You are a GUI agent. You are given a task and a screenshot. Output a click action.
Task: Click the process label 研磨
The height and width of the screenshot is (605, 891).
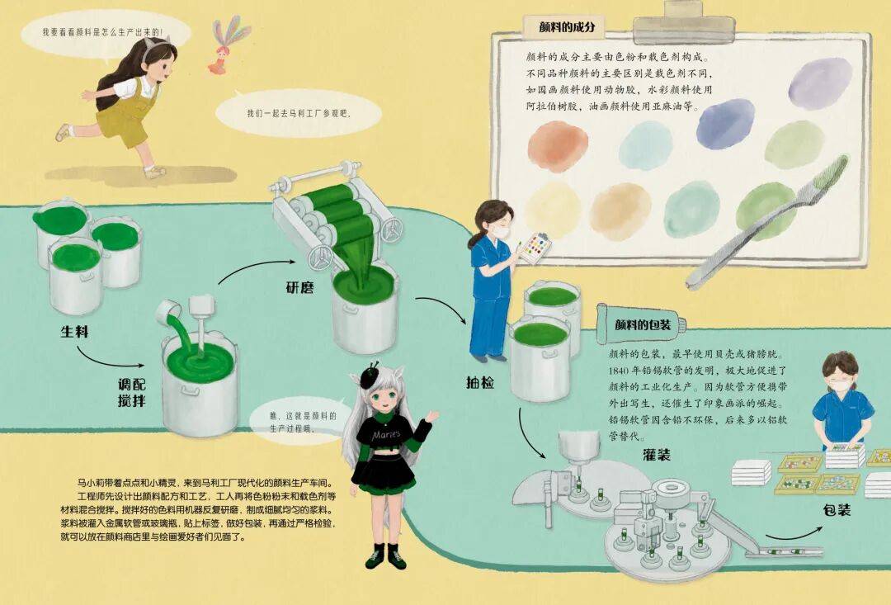299,287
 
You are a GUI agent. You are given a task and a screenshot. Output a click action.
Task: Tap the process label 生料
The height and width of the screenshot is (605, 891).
75,331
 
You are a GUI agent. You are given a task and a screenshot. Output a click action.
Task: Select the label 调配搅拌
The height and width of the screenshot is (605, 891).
132,392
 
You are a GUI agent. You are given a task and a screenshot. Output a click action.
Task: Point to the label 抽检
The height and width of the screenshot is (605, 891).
480,383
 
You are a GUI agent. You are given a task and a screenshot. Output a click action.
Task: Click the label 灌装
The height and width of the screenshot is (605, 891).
657,454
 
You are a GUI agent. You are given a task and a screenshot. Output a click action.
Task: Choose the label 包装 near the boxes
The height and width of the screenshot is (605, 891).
837,510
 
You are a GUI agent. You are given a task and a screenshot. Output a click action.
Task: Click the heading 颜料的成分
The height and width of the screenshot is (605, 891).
567,26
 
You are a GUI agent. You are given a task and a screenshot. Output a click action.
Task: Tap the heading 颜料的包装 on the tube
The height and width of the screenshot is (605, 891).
643,324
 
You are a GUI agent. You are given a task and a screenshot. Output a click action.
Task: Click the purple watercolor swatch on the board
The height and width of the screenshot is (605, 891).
819,83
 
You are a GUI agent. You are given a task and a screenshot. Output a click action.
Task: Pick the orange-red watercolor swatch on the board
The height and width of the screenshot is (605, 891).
558,146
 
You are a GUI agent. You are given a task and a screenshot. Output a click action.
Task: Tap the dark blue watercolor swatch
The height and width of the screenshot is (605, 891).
726,123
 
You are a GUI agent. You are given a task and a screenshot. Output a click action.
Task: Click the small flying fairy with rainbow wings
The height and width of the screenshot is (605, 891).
227,45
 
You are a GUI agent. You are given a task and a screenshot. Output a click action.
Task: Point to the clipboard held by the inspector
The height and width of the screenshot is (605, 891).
535,248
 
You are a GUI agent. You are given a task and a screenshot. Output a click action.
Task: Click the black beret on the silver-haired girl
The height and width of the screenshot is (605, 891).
370,376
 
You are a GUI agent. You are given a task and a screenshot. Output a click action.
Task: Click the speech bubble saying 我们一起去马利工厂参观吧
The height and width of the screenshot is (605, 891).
299,112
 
